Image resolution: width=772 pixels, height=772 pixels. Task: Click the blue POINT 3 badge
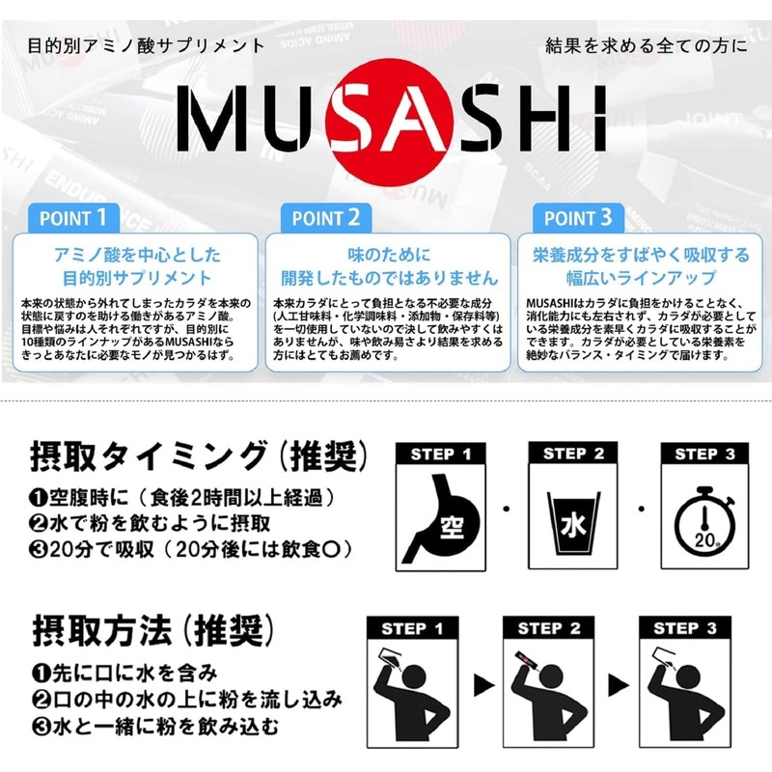[577, 217]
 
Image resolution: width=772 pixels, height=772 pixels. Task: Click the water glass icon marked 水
[570, 522]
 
